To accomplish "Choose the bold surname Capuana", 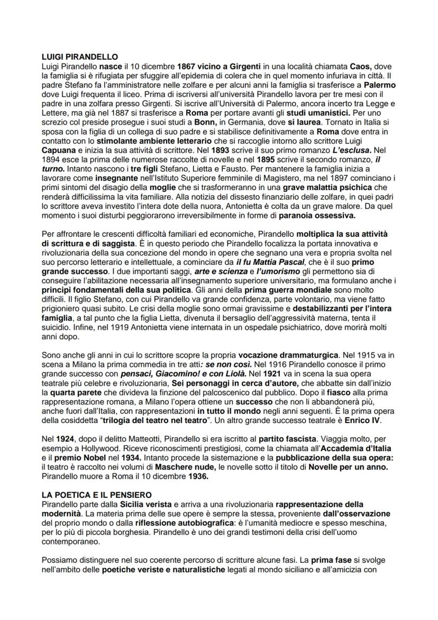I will tap(59, 151).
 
